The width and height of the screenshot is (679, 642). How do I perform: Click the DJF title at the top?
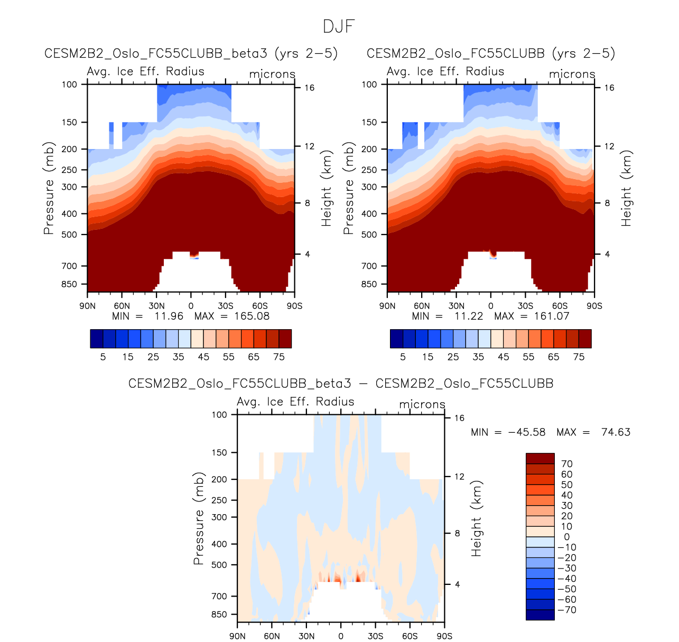[339, 26]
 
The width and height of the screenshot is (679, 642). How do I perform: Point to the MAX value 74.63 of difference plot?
[616, 432]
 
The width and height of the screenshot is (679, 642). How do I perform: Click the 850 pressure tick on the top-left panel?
[69, 284]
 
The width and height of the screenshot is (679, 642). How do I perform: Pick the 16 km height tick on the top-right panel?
[609, 88]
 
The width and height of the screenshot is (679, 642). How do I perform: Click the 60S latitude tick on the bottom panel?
[410, 636]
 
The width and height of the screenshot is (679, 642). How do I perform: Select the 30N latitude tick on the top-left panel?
[156, 305]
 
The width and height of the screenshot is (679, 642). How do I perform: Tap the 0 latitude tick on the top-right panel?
[491, 305]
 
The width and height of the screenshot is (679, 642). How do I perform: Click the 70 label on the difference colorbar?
[566, 464]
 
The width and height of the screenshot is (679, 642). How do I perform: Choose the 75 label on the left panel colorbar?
[279, 357]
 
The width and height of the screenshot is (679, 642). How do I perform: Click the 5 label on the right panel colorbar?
[403, 357]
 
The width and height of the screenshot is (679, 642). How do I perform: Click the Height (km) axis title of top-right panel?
[627, 188]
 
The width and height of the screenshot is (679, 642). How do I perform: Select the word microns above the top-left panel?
[272, 74]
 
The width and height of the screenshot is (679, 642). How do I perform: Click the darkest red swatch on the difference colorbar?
[540, 458]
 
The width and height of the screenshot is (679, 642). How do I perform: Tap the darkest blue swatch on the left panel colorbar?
[97, 339]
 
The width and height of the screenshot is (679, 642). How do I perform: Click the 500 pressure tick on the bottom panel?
[219, 565]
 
